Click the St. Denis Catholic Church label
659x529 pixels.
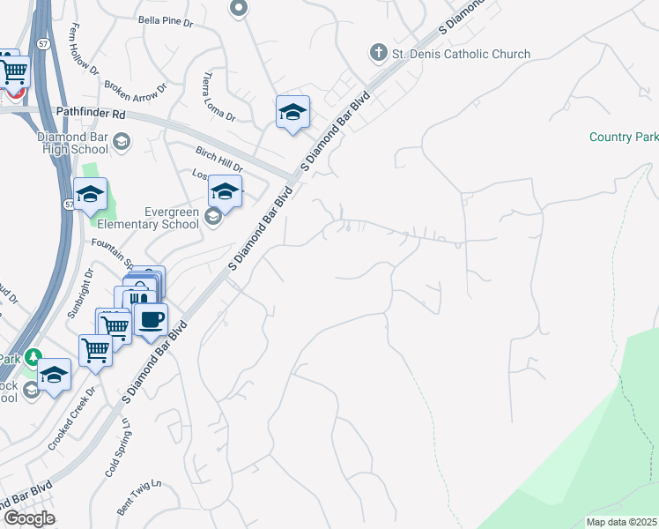tap(461, 54)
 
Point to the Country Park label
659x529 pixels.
tap(624, 137)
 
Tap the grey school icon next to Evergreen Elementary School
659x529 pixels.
tap(211, 216)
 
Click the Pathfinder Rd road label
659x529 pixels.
tap(92, 113)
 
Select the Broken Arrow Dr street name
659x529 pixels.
tap(135, 92)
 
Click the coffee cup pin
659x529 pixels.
tap(151, 320)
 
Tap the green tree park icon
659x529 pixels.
tap(33, 357)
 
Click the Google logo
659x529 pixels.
tap(28, 518)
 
